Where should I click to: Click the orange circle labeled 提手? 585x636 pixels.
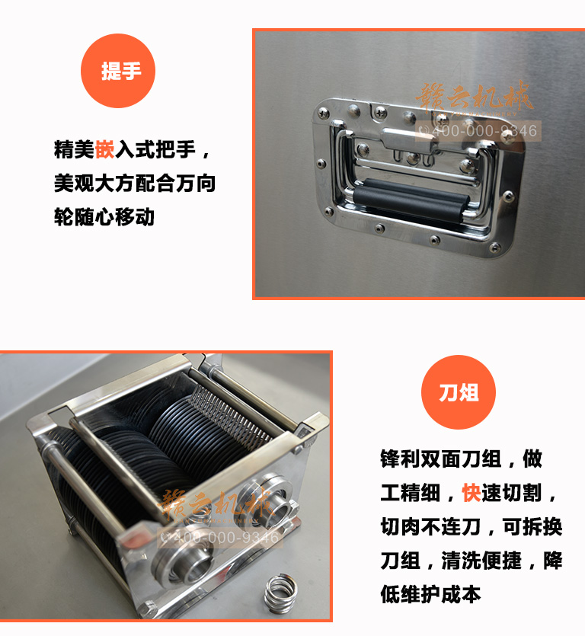[121, 71]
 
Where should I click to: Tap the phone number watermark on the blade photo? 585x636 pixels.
[222, 538]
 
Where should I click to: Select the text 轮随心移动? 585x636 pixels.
[104, 216]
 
